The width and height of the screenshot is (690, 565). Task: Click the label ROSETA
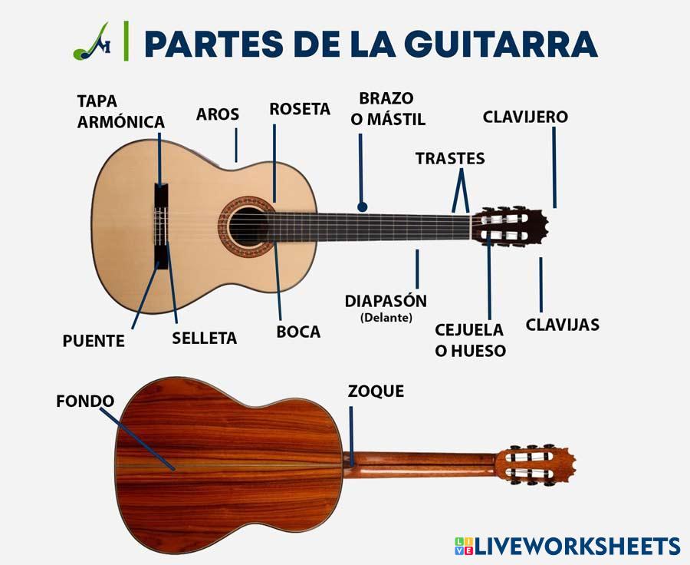point(300,109)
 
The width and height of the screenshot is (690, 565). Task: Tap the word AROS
point(218,114)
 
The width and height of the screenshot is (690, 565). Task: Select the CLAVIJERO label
point(525,117)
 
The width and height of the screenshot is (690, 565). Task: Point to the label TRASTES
point(450,158)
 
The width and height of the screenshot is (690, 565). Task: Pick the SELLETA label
point(204,338)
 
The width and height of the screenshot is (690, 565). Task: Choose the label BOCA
point(298,332)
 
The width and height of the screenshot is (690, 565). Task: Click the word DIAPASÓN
point(386,300)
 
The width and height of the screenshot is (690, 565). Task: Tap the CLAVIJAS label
point(562,325)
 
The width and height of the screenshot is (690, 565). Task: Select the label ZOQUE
point(376,391)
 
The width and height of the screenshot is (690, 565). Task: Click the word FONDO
point(85,401)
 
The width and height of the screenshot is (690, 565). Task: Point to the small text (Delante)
point(386,317)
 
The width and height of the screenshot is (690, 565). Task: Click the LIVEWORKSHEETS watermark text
point(577,546)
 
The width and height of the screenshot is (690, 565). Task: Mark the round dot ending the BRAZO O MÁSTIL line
point(363,207)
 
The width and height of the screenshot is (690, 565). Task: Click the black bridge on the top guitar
point(160,226)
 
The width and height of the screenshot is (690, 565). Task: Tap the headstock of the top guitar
point(509,227)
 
